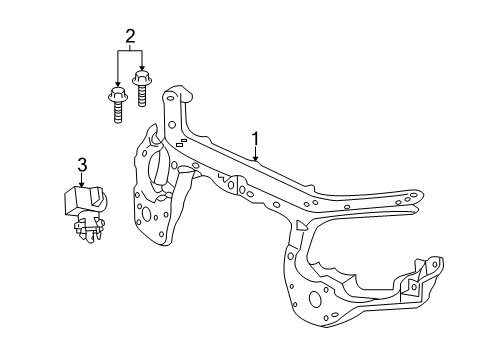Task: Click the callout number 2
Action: [x=129, y=38]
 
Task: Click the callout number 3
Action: [x=83, y=164]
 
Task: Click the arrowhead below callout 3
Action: [x=83, y=184]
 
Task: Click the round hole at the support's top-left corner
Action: [x=172, y=98]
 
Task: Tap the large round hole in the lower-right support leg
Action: [x=316, y=298]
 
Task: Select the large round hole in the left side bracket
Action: [x=154, y=213]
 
